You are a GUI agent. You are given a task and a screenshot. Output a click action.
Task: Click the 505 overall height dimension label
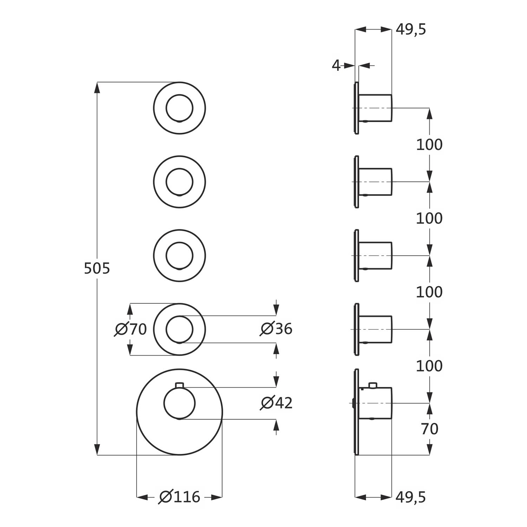(x=97, y=268)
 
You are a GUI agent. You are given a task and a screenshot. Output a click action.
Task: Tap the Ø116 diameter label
(x=180, y=497)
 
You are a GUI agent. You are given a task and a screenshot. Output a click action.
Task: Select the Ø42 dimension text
(x=276, y=403)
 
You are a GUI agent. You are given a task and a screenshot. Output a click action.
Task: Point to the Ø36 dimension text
(x=276, y=329)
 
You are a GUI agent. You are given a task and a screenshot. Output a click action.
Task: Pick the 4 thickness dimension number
(x=336, y=65)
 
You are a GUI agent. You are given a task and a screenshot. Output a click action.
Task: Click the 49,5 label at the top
(x=411, y=30)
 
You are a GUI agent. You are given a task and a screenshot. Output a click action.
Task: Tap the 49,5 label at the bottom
(x=411, y=497)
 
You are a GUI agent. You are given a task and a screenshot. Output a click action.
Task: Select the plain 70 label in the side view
(x=429, y=429)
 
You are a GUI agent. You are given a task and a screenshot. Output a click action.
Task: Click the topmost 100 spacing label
(x=429, y=145)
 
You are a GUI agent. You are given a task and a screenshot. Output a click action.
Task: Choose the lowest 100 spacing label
(x=429, y=366)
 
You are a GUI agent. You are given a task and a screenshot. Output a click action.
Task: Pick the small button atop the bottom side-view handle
(x=372, y=386)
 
